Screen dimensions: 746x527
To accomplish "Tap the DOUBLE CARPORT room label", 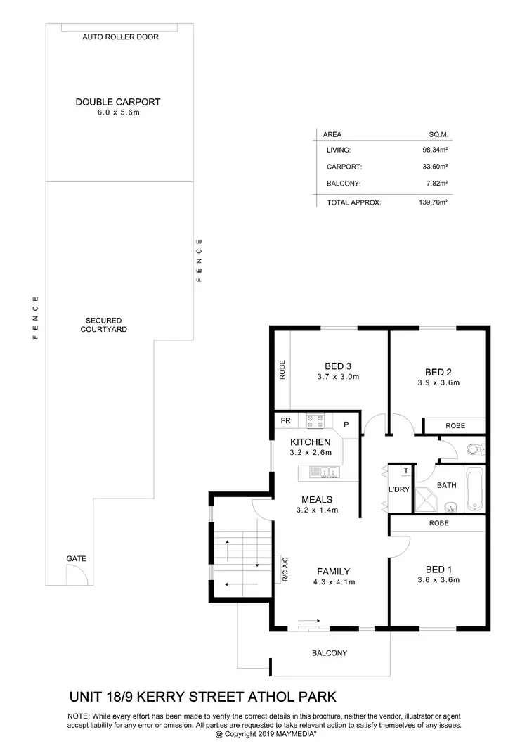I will coord(118,102).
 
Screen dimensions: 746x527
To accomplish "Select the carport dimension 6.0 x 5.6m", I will coord(119,112).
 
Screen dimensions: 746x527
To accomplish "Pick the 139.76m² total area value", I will coord(434,202).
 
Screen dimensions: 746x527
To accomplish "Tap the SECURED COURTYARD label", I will coord(104,325).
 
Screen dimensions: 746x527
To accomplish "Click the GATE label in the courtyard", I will coord(76,558).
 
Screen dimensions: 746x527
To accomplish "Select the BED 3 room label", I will coord(338,366).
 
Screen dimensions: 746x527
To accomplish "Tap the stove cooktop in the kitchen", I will coord(315,421).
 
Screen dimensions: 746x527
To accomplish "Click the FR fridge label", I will coord(286,421).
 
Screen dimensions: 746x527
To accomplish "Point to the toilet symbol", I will coord(474,449).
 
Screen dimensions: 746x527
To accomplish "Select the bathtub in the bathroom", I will coord(475,489).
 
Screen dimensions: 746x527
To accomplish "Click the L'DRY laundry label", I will coord(398,489).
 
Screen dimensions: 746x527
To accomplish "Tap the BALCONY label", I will coord(330,653).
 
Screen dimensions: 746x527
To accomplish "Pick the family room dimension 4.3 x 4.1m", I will coord(333,581).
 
